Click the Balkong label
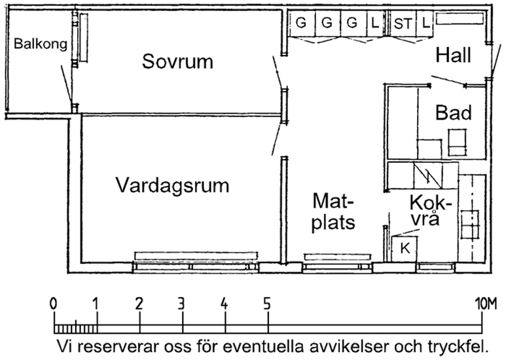(x=41, y=45)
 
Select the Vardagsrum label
(x=173, y=185)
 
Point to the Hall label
(x=453, y=56)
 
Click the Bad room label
(x=454, y=113)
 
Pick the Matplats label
(x=333, y=211)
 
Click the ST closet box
(x=403, y=23)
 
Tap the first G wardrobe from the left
(x=301, y=23)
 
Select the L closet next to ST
(x=426, y=23)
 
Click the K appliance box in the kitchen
(x=405, y=248)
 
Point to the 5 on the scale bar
(x=267, y=304)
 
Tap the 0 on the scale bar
(x=53, y=304)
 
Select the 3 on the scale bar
(x=181, y=304)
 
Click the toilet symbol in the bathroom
(x=456, y=140)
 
